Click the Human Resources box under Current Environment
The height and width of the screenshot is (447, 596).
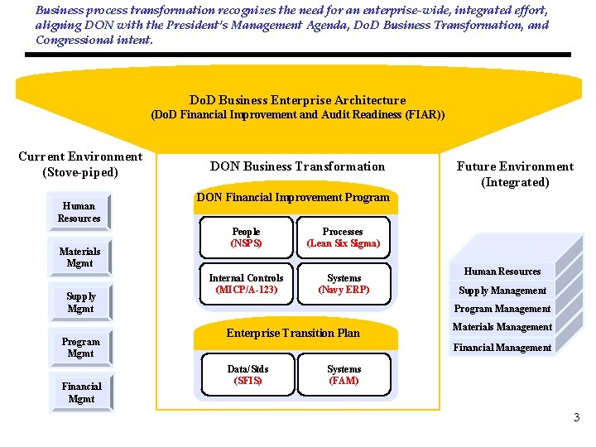point(79,213)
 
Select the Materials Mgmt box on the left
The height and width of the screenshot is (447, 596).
point(79,257)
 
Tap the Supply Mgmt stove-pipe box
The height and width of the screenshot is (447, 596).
point(80,302)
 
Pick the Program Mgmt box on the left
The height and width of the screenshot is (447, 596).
point(80,348)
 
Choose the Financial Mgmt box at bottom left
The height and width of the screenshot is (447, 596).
point(81,392)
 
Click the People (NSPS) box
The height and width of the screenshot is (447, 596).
point(246,238)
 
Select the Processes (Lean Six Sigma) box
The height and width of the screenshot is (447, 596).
point(343,238)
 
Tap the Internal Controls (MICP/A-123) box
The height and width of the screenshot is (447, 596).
point(246,284)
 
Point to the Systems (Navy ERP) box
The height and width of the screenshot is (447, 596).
point(344,284)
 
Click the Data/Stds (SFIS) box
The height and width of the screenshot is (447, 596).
point(248,375)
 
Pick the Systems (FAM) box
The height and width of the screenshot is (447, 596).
point(344,375)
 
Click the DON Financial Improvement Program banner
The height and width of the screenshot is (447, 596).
point(292,198)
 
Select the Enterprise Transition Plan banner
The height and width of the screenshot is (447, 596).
point(293,333)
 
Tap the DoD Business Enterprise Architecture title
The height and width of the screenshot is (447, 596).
point(297,100)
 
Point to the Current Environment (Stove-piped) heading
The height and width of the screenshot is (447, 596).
point(80,165)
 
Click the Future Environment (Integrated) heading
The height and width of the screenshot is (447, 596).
point(515,174)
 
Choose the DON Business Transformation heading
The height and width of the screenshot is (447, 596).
point(297,166)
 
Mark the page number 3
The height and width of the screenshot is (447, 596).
point(577,418)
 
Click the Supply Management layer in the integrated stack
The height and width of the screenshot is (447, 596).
point(502,291)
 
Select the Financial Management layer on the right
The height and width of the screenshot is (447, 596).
point(502,348)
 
